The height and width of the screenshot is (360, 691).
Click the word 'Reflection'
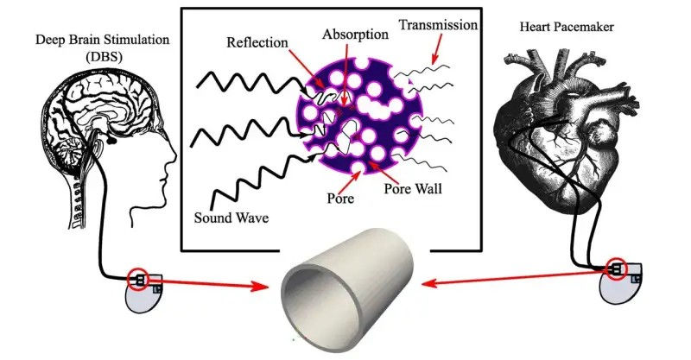(255, 41)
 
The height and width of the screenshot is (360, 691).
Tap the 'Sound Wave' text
(227, 218)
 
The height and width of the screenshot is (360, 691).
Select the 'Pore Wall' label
(415, 186)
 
